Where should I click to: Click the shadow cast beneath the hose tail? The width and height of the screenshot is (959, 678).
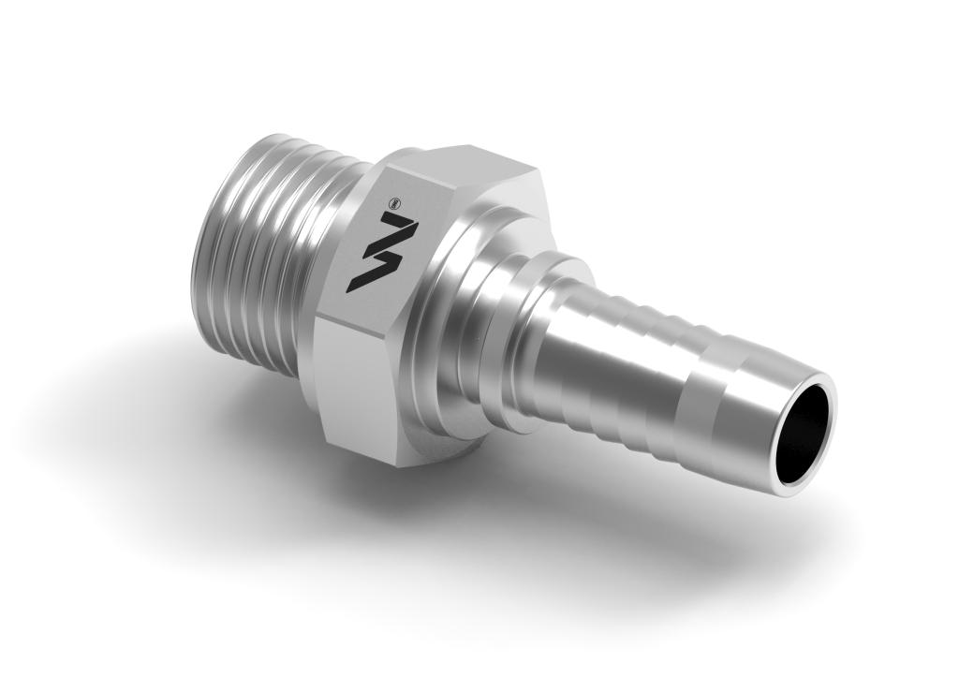tap(674, 524)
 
